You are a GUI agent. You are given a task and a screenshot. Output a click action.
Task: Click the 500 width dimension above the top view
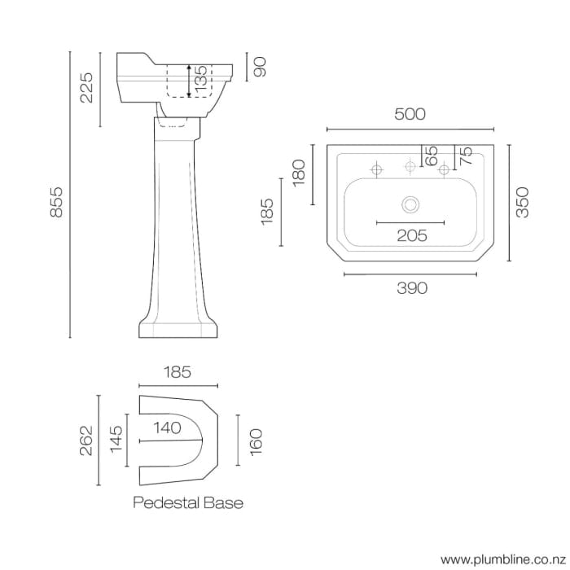(410, 115)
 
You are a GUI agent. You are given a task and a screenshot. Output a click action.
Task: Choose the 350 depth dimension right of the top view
(523, 203)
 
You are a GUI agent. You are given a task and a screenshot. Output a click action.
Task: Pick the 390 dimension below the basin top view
(412, 287)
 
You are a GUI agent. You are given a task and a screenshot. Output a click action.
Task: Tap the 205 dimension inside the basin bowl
(412, 235)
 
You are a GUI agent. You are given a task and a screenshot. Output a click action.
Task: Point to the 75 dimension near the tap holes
(466, 155)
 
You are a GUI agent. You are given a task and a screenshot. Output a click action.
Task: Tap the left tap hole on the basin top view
(377, 170)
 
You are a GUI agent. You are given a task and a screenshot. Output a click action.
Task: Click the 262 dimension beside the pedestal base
(86, 441)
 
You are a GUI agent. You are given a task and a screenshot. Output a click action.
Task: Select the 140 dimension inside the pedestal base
(165, 427)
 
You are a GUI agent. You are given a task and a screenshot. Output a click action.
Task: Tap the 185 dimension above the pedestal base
(177, 372)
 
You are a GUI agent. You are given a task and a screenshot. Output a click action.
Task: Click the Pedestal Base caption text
(188, 502)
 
